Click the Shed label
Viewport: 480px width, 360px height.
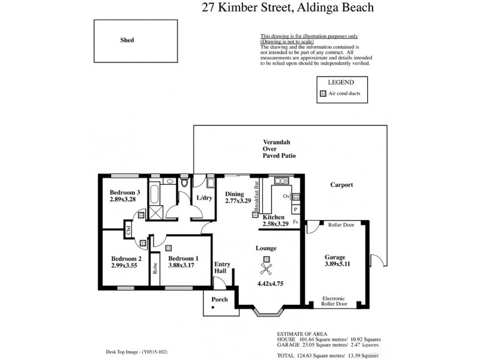point(127,40)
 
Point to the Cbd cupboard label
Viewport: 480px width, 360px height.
point(129,229)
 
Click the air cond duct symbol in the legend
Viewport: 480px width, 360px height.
point(323,94)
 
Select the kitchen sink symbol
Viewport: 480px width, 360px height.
point(280,180)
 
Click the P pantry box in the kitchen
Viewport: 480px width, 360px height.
point(296,209)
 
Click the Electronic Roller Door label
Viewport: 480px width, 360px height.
point(335,301)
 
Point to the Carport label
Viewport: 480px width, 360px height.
point(341,185)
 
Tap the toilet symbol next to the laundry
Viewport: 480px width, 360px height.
point(184,182)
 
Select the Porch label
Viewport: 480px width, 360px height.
point(220,299)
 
